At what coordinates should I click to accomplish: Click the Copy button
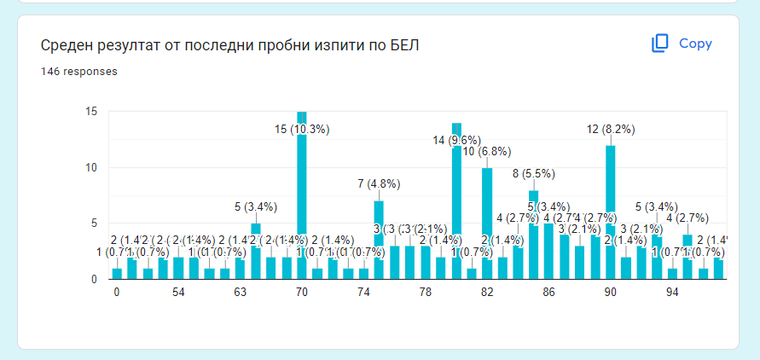(x=682, y=44)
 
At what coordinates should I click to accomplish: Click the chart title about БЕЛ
(x=229, y=44)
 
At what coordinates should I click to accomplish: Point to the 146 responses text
(x=79, y=72)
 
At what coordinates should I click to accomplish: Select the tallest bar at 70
(x=301, y=196)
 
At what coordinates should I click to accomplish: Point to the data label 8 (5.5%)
(x=533, y=174)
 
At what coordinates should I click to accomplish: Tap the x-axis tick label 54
(x=178, y=293)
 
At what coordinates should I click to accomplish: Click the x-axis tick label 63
(x=240, y=293)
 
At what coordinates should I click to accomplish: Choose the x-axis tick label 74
(x=363, y=293)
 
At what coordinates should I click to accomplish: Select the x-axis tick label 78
(x=425, y=293)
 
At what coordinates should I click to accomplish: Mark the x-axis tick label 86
(x=548, y=293)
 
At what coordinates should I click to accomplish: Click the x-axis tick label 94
(x=671, y=293)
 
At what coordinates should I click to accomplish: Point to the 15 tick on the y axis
(x=91, y=112)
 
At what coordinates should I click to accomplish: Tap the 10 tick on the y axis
(x=91, y=167)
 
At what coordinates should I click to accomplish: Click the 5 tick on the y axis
(x=94, y=224)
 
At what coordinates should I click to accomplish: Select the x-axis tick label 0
(x=117, y=293)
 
